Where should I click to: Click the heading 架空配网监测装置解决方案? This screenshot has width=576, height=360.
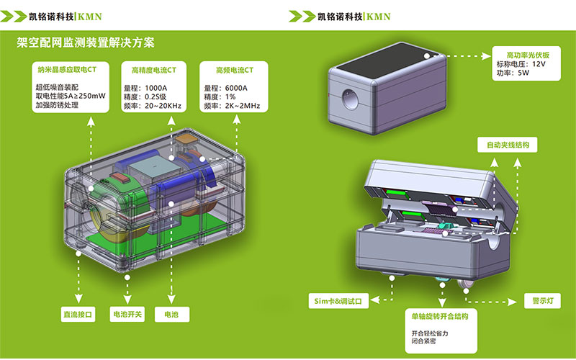[86, 42]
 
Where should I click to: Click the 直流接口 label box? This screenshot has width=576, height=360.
[78, 314]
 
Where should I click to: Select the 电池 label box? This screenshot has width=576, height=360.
[171, 314]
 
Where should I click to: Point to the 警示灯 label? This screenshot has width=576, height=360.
[534, 300]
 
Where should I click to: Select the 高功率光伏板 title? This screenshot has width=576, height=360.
[528, 55]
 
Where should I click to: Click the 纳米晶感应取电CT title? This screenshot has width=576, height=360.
[67, 71]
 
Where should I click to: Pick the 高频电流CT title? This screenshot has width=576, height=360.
[235, 71]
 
